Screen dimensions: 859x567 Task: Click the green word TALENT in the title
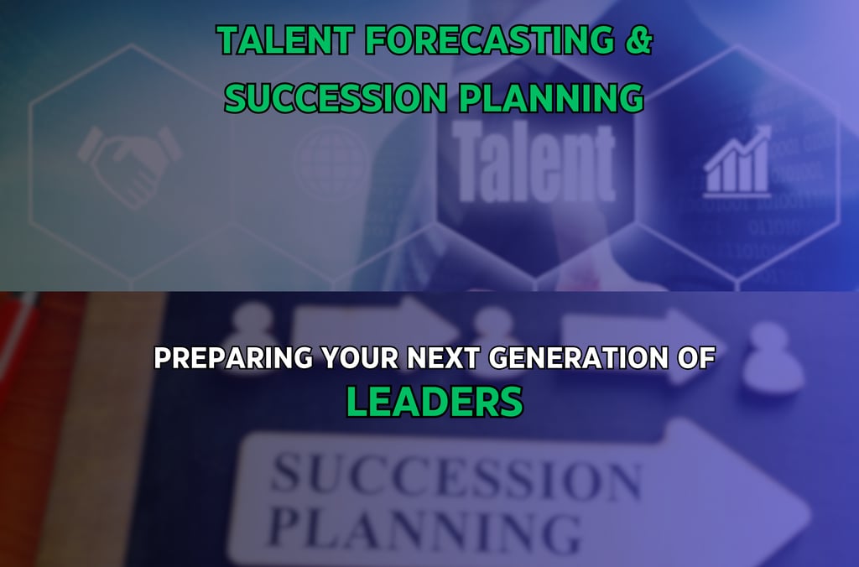click(x=284, y=40)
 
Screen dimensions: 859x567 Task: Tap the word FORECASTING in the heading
click(x=490, y=40)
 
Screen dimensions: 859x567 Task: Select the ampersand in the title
click(x=638, y=40)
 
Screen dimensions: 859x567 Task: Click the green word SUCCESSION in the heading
click(x=336, y=97)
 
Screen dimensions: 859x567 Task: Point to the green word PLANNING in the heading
click(x=551, y=97)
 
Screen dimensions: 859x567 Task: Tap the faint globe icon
click(x=331, y=163)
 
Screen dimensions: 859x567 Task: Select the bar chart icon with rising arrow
click(x=737, y=162)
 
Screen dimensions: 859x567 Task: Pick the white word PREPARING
click(x=233, y=358)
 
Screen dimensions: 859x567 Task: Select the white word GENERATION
click(x=579, y=358)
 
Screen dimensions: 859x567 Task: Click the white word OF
click(x=696, y=358)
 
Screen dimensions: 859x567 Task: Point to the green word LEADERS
click(x=435, y=402)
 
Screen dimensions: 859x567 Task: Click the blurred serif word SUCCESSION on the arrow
click(x=456, y=476)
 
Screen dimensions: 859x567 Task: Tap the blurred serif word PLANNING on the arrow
click(x=424, y=532)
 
